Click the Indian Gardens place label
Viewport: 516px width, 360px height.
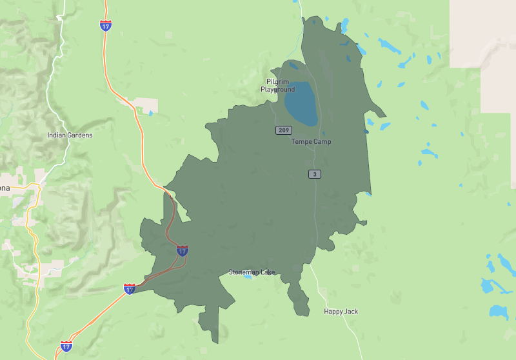[x=70, y=135]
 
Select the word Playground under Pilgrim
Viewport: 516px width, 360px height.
[x=278, y=90]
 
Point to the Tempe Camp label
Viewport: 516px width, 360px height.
[x=311, y=141]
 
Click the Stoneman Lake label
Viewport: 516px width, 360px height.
[x=252, y=272]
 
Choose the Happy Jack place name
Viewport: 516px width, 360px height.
[x=341, y=312]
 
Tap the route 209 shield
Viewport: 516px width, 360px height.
[x=284, y=130]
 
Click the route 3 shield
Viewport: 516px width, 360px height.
[x=314, y=174]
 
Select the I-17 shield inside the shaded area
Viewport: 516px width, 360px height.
[x=183, y=250]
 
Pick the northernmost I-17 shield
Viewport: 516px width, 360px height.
[x=106, y=25]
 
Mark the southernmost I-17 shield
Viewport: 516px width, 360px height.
[x=66, y=346]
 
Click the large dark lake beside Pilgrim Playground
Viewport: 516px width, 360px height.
[x=301, y=103]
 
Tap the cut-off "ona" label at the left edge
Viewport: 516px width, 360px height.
[x=5, y=188]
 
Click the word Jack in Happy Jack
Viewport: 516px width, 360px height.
[x=350, y=312]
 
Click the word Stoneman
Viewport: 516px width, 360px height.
[x=243, y=272]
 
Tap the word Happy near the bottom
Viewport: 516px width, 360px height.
[x=333, y=312]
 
